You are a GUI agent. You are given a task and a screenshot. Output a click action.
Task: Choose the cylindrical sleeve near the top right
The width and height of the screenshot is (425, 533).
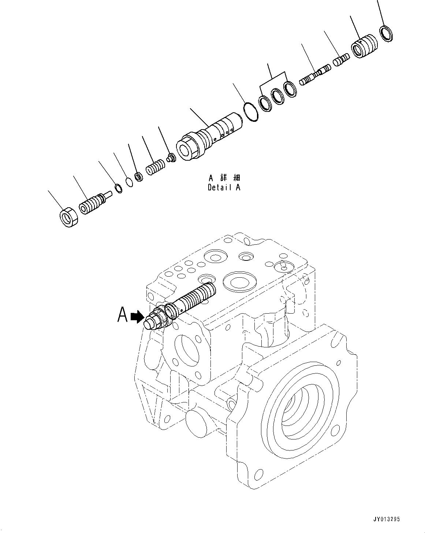click(x=364, y=46)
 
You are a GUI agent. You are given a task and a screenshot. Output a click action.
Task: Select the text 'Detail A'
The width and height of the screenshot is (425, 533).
click(x=224, y=187)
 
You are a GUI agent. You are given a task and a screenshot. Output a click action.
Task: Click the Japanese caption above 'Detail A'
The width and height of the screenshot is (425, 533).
click(x=224, y=178)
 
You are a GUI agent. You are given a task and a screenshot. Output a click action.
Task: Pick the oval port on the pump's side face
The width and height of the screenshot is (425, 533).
click(x=187, y=353)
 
